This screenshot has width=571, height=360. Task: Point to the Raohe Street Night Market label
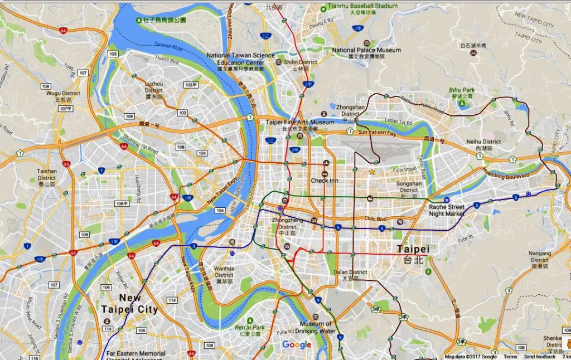click(446, 210)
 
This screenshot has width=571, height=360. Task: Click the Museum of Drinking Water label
click(316, 327)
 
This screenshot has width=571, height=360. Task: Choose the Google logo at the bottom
click(297, 345)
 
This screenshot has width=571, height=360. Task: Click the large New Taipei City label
click(129, 304)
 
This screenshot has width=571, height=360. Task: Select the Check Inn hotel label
click(325, 181)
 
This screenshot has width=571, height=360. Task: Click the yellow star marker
click(372, 172)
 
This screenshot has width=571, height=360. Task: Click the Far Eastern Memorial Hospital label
click(137, 353)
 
